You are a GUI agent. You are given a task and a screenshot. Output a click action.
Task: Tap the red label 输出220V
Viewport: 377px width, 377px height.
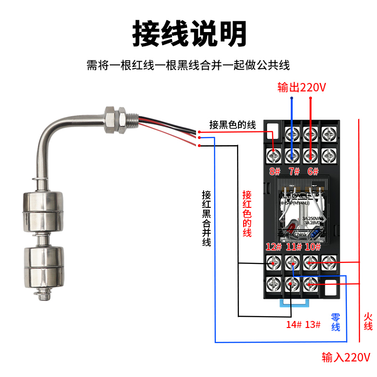point(302,87)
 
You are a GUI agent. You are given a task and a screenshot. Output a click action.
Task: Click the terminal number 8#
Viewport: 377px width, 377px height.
point(275,172)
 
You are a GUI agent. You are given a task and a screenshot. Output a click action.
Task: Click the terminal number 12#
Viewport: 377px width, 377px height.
point(273,246)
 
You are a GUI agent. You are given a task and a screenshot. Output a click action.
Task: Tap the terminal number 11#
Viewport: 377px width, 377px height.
point(294,246)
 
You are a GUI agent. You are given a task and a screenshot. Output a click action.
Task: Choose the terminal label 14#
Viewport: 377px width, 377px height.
point(294,325)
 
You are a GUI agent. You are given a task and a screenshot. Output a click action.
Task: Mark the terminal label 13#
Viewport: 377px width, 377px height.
point(313,325)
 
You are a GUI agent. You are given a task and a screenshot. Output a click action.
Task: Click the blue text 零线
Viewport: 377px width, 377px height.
point(336,322)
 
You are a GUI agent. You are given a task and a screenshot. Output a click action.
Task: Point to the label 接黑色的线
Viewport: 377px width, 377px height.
point(232,125)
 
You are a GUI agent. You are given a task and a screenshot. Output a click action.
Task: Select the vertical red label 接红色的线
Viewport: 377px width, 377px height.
point(247,213)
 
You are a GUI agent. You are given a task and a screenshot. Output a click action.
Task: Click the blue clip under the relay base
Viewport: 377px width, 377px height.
point(293,302)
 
